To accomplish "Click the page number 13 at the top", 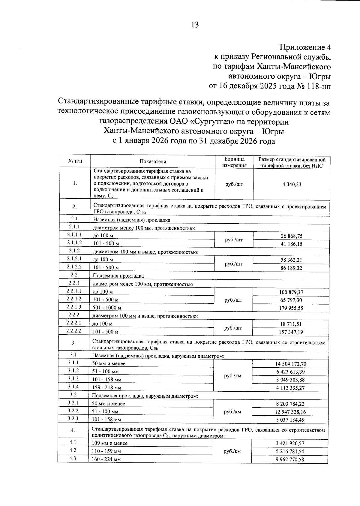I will (195, 25).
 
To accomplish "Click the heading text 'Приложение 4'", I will (305, 47).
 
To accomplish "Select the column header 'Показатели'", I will (153, 161).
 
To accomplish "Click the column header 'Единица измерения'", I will (234, 162).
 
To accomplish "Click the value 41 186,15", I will (291, 244).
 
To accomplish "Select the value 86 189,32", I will (291, 268).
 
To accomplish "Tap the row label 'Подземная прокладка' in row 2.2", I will (118, 276).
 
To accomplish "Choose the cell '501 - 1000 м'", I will (107, 308).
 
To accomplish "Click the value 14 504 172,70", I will (291, 364).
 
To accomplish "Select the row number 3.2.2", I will (73, 411).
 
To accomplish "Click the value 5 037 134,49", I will (290, 420).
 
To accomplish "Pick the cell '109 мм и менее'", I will (109, 443).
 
